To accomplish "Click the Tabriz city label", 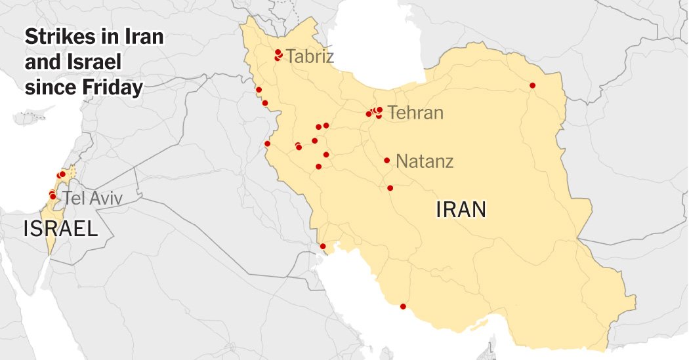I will (x=310, y=56).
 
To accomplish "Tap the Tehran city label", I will (x=415, y=113).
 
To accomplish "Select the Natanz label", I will (x=425, y=161).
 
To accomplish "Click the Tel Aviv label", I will (x=92, y=198).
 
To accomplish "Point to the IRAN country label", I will (x=461, y=210).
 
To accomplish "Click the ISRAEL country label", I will (x=60, y=229).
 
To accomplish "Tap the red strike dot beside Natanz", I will (x=387, y=160).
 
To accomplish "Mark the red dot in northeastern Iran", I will (x=532, y=85).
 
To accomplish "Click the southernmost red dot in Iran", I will (x=403, y=306).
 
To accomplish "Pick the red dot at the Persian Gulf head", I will (x=323, y=247).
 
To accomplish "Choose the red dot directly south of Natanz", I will (x=390, y=188).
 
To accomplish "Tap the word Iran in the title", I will (x=144, y=37).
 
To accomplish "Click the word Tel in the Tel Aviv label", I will (x=74, y=198).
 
